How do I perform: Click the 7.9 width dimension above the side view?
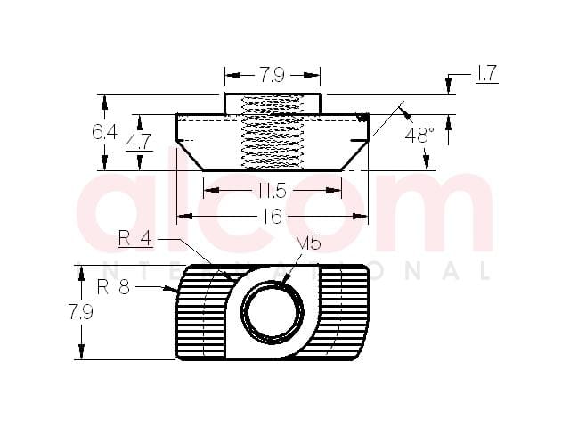pyautogui.click(x=272, y=75)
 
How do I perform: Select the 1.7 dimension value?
pyautogui.click(x=487, y=74)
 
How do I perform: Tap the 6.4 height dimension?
pyautogui.click(x=104, y=132)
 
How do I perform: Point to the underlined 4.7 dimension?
pyautogui.click(x=139, y=142)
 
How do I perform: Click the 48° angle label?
pyautogui.click(x=419, y=136)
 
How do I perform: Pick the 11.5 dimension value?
pyautogui.click(x=273, y=191)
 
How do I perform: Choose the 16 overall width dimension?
pyautogui.click(x=273, y=217)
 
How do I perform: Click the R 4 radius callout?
pyautogui.click(x=135, y=239)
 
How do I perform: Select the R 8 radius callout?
pyautogui.click(x=114, y=287)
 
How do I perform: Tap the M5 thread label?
pyautogui.click(x=308, y=243)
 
